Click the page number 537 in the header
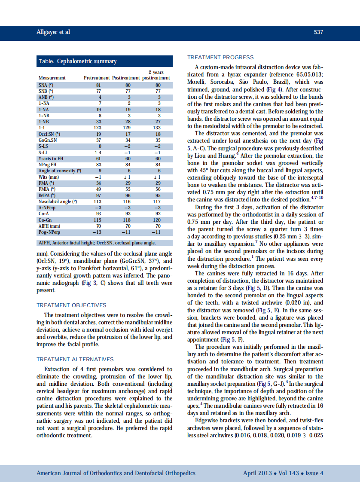coord(318,32)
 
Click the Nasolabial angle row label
coord(58,201)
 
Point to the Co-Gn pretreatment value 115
coord(98,220)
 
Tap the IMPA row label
coord(45,195)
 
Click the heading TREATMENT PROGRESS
coord(220,58)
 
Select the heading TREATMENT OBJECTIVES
coord(71,305)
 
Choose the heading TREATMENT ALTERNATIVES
coord(75,359)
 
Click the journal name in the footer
coord(116,473)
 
